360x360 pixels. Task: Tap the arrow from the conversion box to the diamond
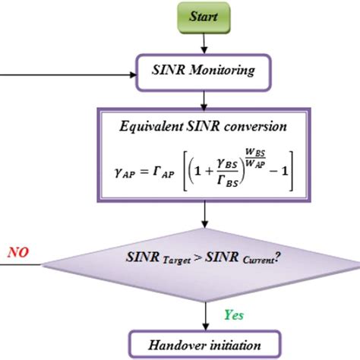202,217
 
